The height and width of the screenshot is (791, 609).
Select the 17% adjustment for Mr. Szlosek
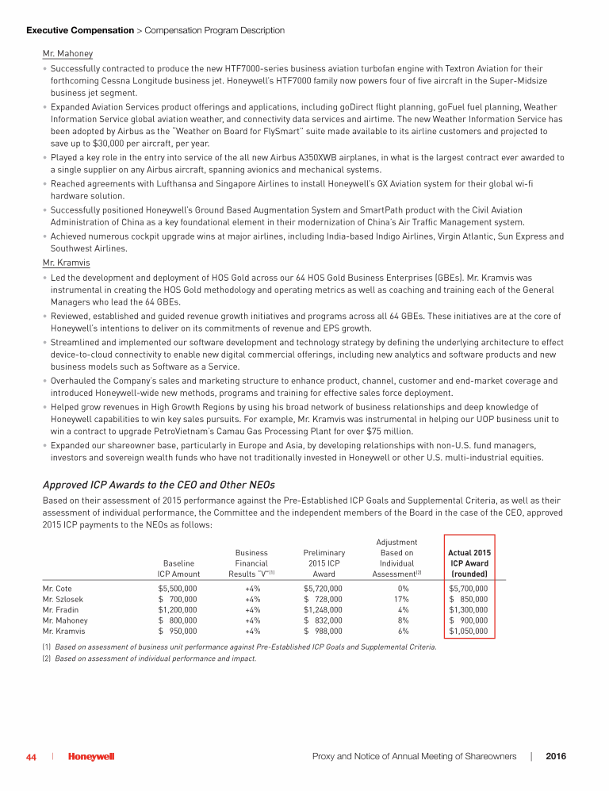click(x=403, y=600)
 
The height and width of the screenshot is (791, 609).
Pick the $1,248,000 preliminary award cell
click(x=324, y=610)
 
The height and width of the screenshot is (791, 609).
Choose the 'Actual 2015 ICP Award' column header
click(x=469, y=563)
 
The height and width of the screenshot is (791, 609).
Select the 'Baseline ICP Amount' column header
click(x=178, y=568)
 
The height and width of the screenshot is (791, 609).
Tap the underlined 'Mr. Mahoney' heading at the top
click(x=67, y=54)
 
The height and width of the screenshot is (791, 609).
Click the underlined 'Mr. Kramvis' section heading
click(x=66, y=263)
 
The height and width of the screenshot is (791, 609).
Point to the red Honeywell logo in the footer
click(x=90, y=757)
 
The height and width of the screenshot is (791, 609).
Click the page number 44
click(x=32, y=757)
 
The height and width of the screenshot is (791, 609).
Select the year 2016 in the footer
click(x=556, y=757)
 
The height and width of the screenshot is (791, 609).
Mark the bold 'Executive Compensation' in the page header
click(x=80, y=30)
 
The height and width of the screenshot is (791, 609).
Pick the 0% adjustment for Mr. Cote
click(x=403, y=589)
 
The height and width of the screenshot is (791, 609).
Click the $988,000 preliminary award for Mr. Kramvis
click(x=324, y=632)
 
